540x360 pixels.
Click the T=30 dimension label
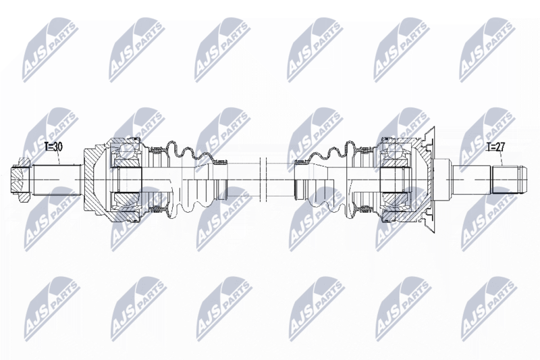[x=53, y=147]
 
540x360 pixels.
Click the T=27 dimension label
[x=495, y=147]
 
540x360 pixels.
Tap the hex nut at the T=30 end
[x=21, y=180]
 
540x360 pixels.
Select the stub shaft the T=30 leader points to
[x=57, y=180]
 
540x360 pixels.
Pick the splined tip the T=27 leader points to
[x=509, y=180]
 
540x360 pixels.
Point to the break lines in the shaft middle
[x=263, y=180]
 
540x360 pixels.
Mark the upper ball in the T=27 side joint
[x=394, y=149]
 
